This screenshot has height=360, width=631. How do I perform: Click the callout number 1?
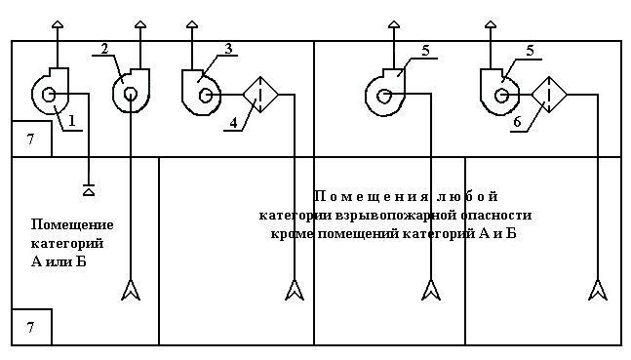point(71,120)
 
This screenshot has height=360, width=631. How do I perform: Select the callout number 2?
point(104,49)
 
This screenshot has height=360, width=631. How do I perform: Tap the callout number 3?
point(228,49)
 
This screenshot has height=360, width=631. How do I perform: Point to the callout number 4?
point(234,123)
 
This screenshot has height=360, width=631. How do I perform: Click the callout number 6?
point(517,122)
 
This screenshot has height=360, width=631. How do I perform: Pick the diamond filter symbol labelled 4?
point(260,95)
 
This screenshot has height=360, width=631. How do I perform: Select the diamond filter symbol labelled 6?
point(549,95)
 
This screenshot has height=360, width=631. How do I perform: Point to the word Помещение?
point(72,224)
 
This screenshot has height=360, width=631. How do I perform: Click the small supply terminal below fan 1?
point(89,190)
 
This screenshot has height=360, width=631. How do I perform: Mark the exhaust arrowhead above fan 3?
point(192,24)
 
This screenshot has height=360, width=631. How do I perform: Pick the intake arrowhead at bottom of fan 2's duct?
point(131,290)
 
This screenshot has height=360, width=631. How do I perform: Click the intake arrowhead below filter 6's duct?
point(598,290)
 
